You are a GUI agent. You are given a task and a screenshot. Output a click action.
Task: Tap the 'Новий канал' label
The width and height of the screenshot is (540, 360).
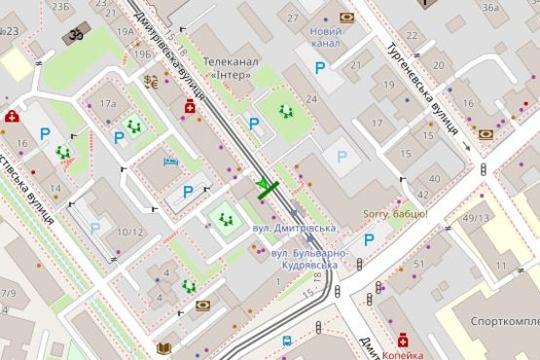325,38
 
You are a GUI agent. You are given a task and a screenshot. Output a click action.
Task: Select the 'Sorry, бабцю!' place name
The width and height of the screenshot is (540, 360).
394,213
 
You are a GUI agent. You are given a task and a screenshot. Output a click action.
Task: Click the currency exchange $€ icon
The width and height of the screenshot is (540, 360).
151,82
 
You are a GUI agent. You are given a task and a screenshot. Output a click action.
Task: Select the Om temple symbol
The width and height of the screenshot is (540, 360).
74,35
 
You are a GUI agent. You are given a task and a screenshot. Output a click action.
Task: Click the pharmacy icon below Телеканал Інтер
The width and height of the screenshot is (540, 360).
189,107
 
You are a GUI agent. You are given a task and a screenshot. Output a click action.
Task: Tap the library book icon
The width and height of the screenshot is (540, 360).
163,347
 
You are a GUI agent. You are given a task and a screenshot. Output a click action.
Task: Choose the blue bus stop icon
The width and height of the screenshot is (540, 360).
287,342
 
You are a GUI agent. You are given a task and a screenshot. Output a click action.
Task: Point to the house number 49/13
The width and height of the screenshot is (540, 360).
477,218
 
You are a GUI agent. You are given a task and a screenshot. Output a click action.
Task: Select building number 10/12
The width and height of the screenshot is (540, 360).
130,232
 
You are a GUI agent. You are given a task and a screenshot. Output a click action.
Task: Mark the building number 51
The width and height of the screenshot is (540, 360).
419,264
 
